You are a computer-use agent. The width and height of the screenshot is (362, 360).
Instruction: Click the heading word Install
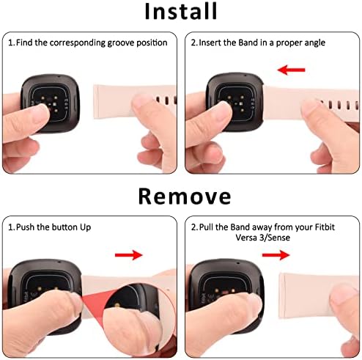coord(180,12)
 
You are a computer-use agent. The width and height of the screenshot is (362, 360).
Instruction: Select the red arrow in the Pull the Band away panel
coord(275,255)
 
